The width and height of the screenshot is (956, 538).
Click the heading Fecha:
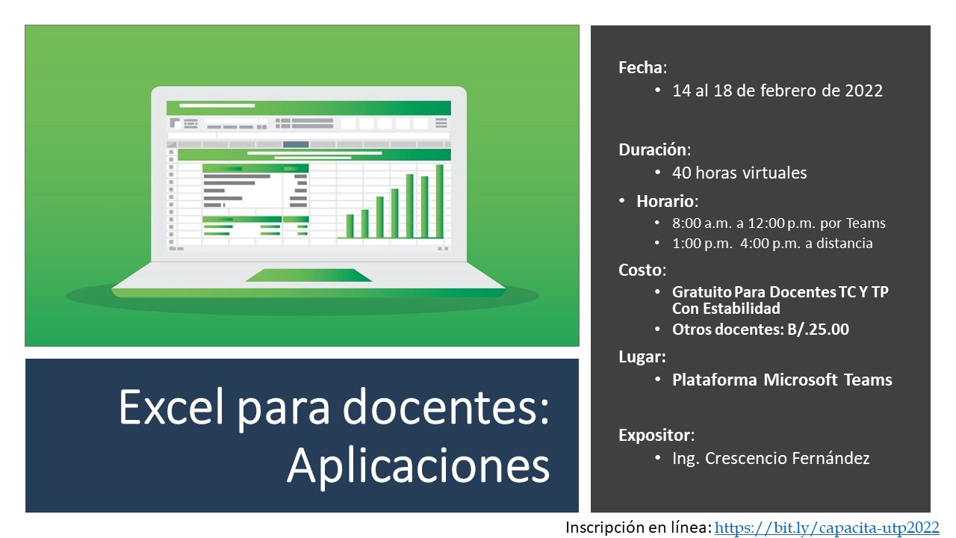pyautogui.click(x=642, y=67)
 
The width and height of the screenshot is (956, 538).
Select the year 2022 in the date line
pyautogui.click(x=864, y=90)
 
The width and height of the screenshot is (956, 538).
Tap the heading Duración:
pyautogui.click(x=655, y=150)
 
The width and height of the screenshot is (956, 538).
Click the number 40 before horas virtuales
pyautogui.click(x=682, y=173)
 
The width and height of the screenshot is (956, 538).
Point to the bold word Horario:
pyautogui.click(x=667, y=201)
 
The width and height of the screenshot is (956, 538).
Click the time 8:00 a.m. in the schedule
pyautogui.click(x=702, y=223)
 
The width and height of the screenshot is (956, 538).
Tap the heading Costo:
pyautogui.click(x=642, y=270)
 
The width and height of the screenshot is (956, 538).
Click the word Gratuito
pyautogui.click(x=701, y=292)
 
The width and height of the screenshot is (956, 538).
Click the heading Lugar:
pyautogui.click(x=642, y=356)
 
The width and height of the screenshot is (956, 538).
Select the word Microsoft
pyautogui.click(x=800, y=380)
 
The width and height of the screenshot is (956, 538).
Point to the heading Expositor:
pyautogui.click(x=657, y=435)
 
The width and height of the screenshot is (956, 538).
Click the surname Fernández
pyautogui.click(x=831, y=458)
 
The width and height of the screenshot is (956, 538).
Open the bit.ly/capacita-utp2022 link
pyautogui.click(x=827, y=528)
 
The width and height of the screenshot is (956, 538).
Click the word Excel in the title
pyautogui.click(x=172, y=406)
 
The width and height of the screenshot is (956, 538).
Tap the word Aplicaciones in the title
pyautogui.click(x=419, y=467)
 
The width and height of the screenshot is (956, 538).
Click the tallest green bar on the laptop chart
pyautogui.click(x=440, y=201)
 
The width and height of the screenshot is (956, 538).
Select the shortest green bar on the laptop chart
pyautogui.click(x=350, y=226)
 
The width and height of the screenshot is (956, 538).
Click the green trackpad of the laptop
pyautogui.click(x=308, y=275)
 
